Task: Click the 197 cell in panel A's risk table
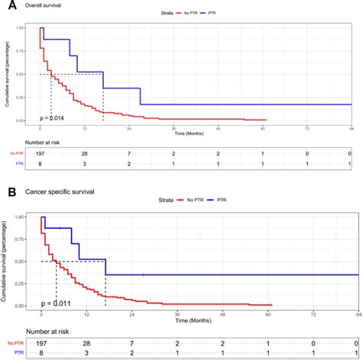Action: [42, 155]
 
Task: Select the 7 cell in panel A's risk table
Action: [131, 155]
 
